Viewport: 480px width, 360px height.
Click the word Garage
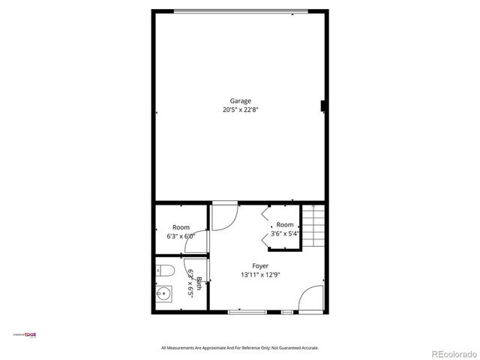(x=241, y=101)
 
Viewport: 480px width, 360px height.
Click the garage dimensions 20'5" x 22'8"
(x=241, y=109)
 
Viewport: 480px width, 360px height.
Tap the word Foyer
(x=260, y=266)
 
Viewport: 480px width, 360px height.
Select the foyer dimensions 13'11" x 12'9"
(x=260, y=275)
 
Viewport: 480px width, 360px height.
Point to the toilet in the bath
(x=167, y=271)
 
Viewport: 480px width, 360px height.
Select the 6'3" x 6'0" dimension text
(x=181, y=235)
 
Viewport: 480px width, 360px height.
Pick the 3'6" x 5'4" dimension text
(x=285, y=233)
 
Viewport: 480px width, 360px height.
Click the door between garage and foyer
(x=223, y=216)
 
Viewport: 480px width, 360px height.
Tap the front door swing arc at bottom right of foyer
(x=310, y=298)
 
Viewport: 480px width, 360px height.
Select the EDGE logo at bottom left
(x=28, y=334)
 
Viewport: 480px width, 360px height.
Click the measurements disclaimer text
(x=240, y=348)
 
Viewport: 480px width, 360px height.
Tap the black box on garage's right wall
(x=323, y=106)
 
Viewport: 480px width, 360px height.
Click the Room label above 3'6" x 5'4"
(x=285, y=225)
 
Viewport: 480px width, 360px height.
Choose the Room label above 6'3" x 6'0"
(x=181, y=227)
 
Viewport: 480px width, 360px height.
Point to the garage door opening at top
(x=241, y=10)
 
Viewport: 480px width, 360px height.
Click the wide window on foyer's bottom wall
(x=249, y=311)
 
